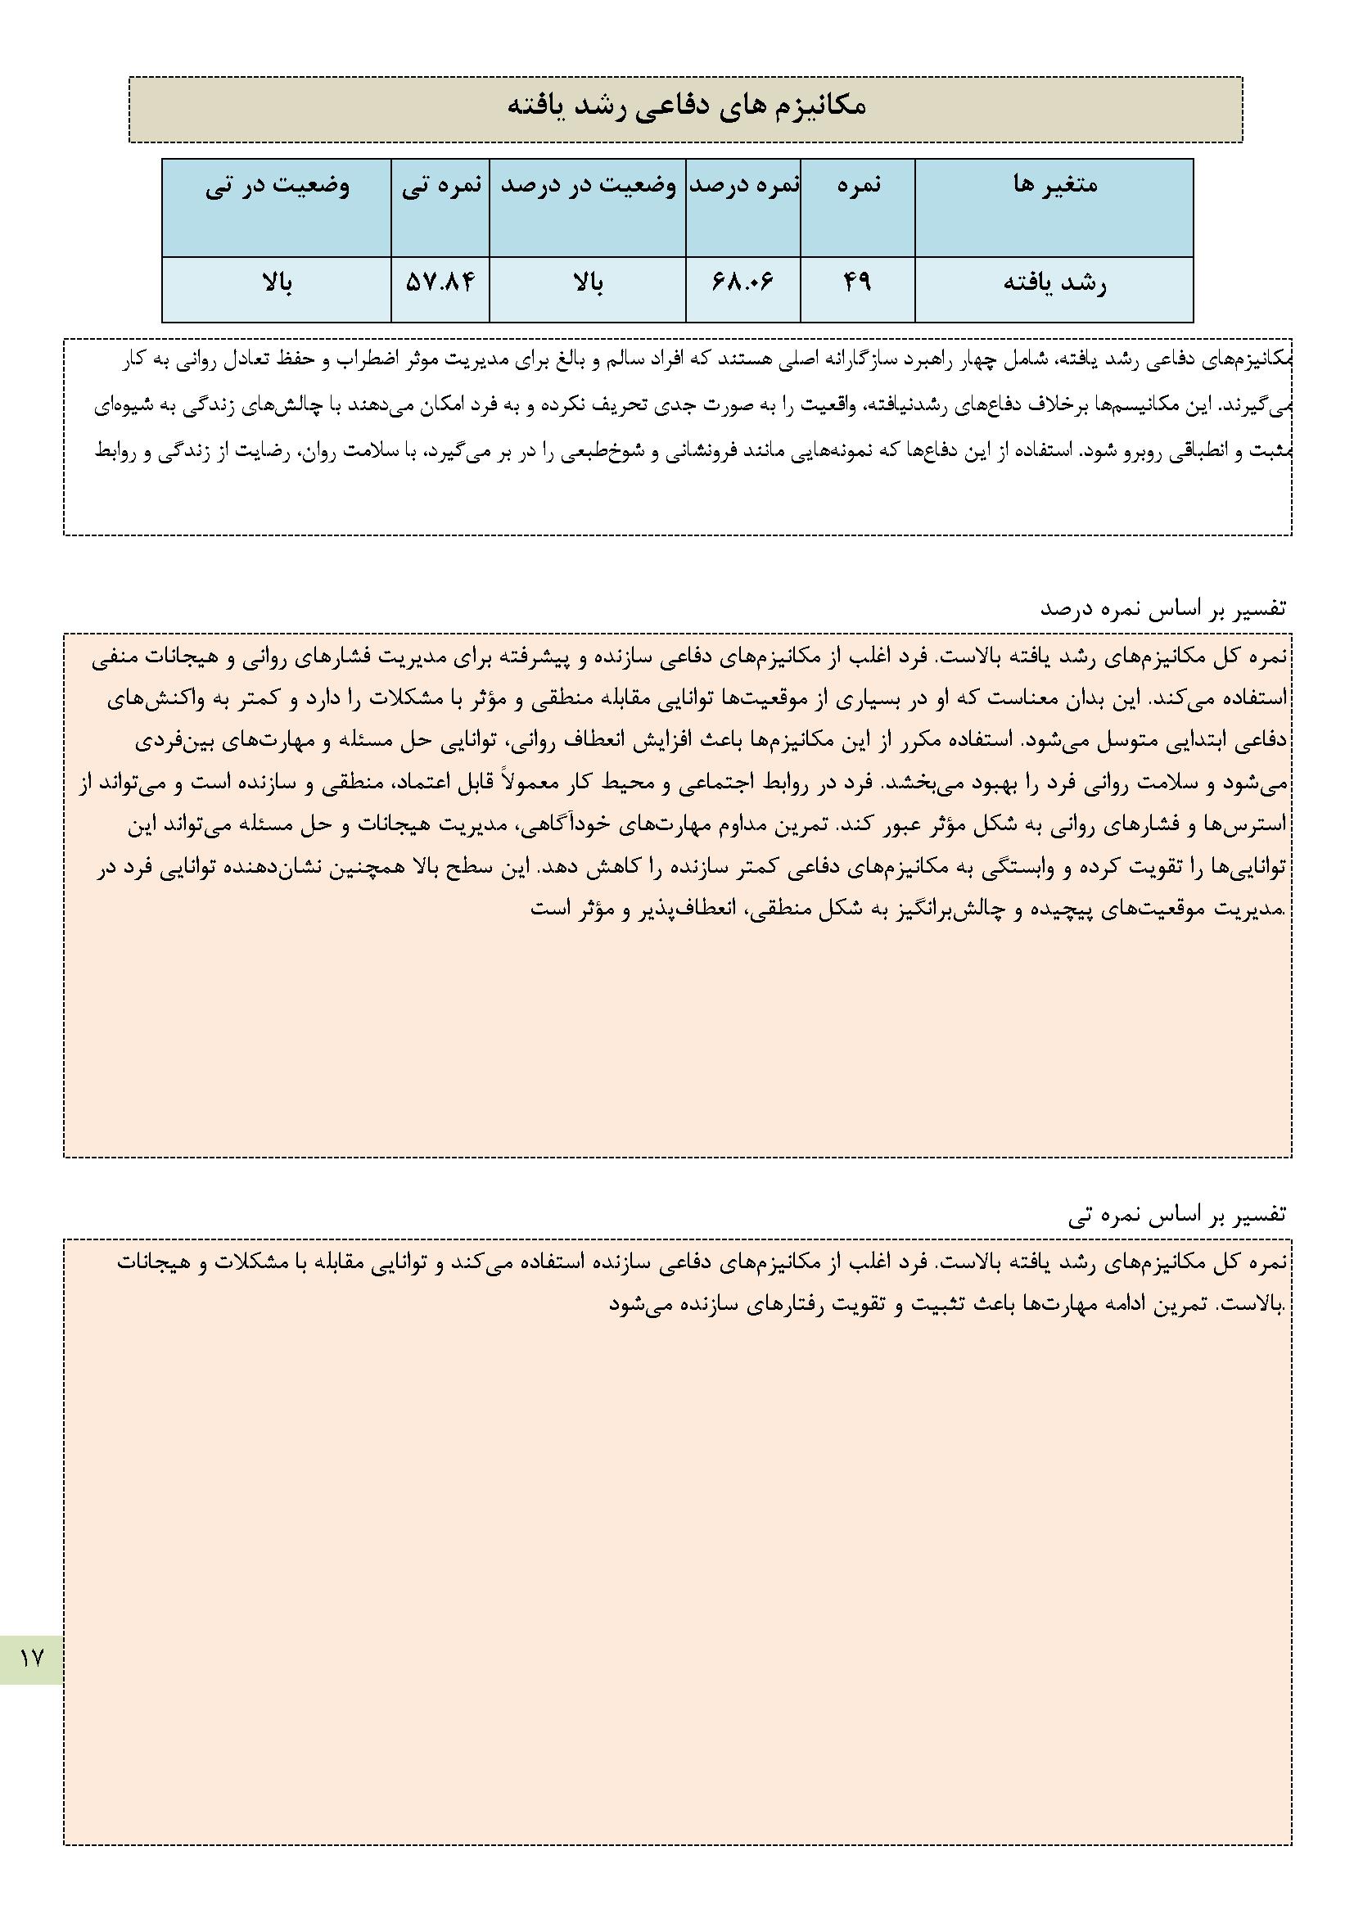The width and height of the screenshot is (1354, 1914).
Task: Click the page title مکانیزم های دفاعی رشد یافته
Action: coord(685,107)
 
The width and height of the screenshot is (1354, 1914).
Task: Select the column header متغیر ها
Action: coord(1054,185)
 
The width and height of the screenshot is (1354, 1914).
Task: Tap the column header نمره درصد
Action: coord(742,185)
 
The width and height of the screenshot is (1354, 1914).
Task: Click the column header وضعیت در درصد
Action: coord(588,185)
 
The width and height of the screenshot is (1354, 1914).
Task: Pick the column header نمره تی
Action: coord(441,185)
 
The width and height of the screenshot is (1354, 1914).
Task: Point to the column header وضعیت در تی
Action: coord(278,185)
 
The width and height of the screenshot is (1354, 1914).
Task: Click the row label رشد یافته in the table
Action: coord(1054,284)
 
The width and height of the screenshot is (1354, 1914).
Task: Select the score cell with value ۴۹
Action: coord(857,284)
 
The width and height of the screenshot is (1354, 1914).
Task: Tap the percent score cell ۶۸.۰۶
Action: coord(742,284)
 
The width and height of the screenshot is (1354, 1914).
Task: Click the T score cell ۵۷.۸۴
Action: coord(440,284)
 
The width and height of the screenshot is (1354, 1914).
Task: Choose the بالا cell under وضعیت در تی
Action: coord(277,284)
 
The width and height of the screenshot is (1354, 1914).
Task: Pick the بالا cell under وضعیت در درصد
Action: coord(588,284)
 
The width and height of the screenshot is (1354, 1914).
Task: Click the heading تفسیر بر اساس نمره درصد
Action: coord(1163,608)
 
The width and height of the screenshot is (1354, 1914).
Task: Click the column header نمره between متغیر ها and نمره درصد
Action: coord(859,185)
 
